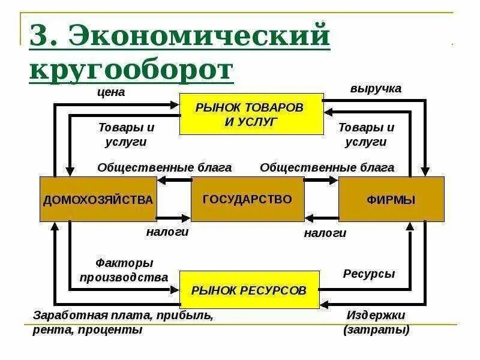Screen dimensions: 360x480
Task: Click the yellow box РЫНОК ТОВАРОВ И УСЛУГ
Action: point(251,113)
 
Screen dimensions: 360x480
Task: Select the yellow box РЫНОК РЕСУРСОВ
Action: point(249,291)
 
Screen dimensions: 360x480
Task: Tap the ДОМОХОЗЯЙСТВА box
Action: point(98,199)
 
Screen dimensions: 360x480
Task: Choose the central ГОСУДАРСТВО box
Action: point(247,199)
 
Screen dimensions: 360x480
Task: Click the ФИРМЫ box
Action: point(391,199)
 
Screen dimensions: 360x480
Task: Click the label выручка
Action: point(376,88)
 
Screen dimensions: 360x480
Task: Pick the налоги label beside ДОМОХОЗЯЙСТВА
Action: point(167,232)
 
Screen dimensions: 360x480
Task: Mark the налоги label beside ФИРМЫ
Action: point(325,233)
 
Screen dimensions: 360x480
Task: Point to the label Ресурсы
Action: point(369,274)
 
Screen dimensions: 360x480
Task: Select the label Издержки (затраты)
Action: point(376,322)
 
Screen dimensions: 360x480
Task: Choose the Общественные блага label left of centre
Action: point(164,167)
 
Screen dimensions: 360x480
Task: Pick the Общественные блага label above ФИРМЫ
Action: point(327,167)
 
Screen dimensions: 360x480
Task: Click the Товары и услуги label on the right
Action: point(366,135)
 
